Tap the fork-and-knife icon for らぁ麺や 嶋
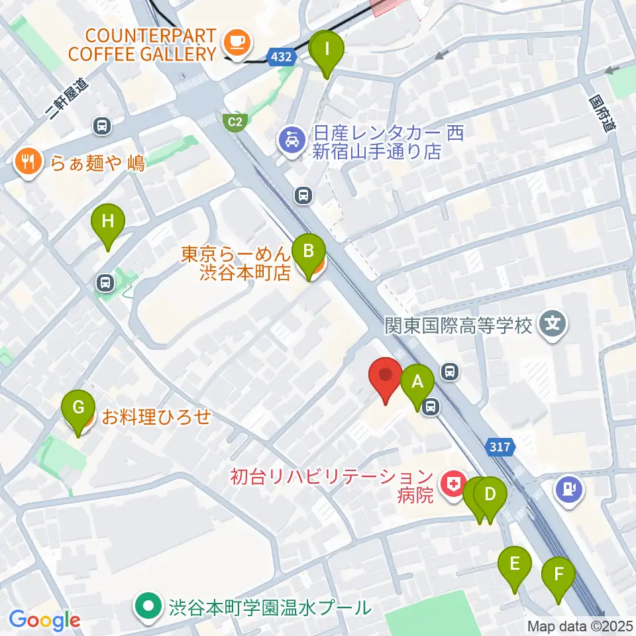click(x=27, y=162)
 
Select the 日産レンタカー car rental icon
click(x=290, y=140)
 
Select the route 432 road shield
click(x=282, y=58)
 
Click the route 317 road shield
click(x=501, y=447)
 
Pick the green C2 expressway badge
click(x=235, y=121)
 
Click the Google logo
click(x=44, y=621)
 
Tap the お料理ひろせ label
click(x=156, y=417)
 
